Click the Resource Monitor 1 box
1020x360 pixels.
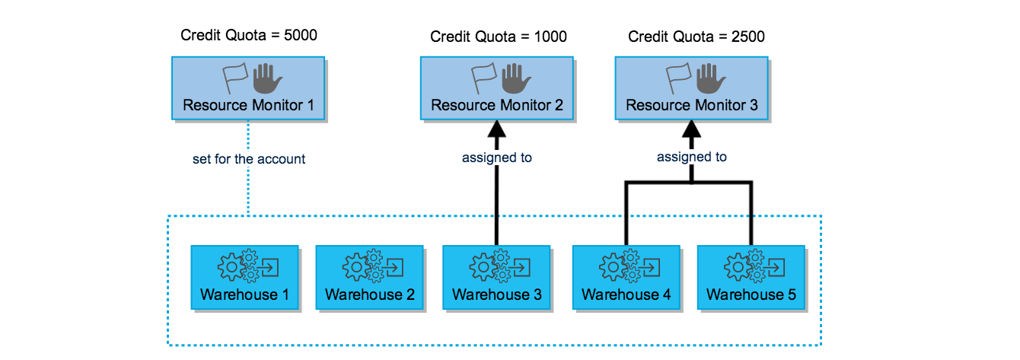pyautogui.click(x=248, y=88)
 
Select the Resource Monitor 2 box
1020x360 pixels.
pyautogui.click(x=496, y=88)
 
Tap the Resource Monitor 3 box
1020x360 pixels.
pyautogui.click(x=691, y=88)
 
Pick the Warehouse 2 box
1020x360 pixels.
pyautogui.click(x=369, y=277)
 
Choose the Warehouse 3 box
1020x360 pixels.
pyautogui.click(x=496, y=277)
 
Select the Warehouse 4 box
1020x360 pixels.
pyautogui.click(x=626, y=277)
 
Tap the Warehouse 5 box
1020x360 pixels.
pyautogui.click(x=751, y=277)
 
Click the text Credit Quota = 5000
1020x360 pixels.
pyautogui.click(x=248, y=35)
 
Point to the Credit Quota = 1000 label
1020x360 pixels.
pyautogui.click(x=498, y=37)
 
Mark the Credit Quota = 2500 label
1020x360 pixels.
pyautogui.click(x=696, y=37)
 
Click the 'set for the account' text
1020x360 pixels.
pyautogui.click(x=249, y=159)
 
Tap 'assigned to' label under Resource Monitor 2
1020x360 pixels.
pyautogui.click(x=496, y=158)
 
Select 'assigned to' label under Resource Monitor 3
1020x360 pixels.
pyautogui.click(x=691, y=157)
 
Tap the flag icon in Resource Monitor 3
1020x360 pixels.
pyautogui.click(x=680, y=78)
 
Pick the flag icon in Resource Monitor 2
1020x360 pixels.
pyautogui.click(x=485, y=78)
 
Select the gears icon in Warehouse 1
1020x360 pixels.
pyautogui.click(x=233, y=267)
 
